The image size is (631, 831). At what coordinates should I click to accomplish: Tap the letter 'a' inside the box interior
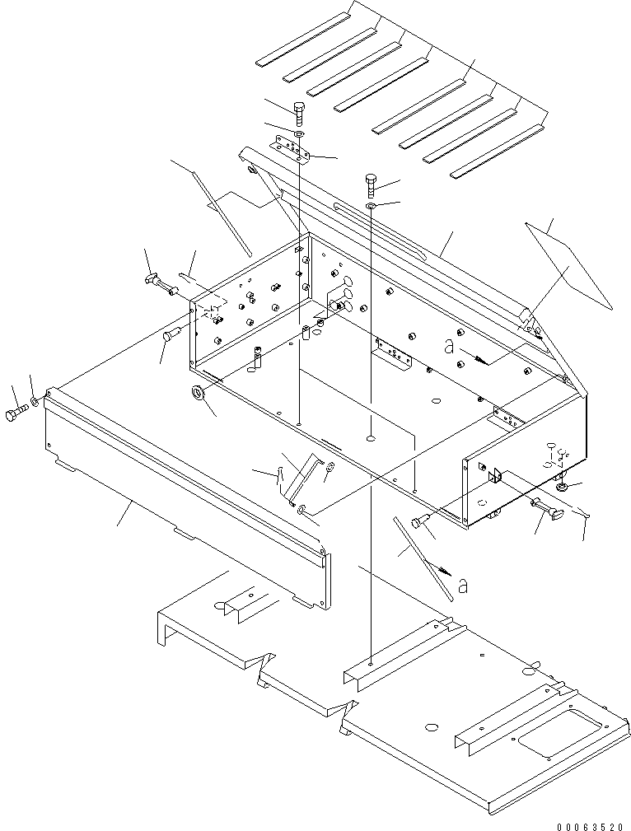click(449, 348)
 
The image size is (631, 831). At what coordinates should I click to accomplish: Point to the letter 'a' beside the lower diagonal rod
click(463, 586)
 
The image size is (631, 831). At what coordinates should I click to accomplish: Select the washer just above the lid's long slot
click(372, 204)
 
